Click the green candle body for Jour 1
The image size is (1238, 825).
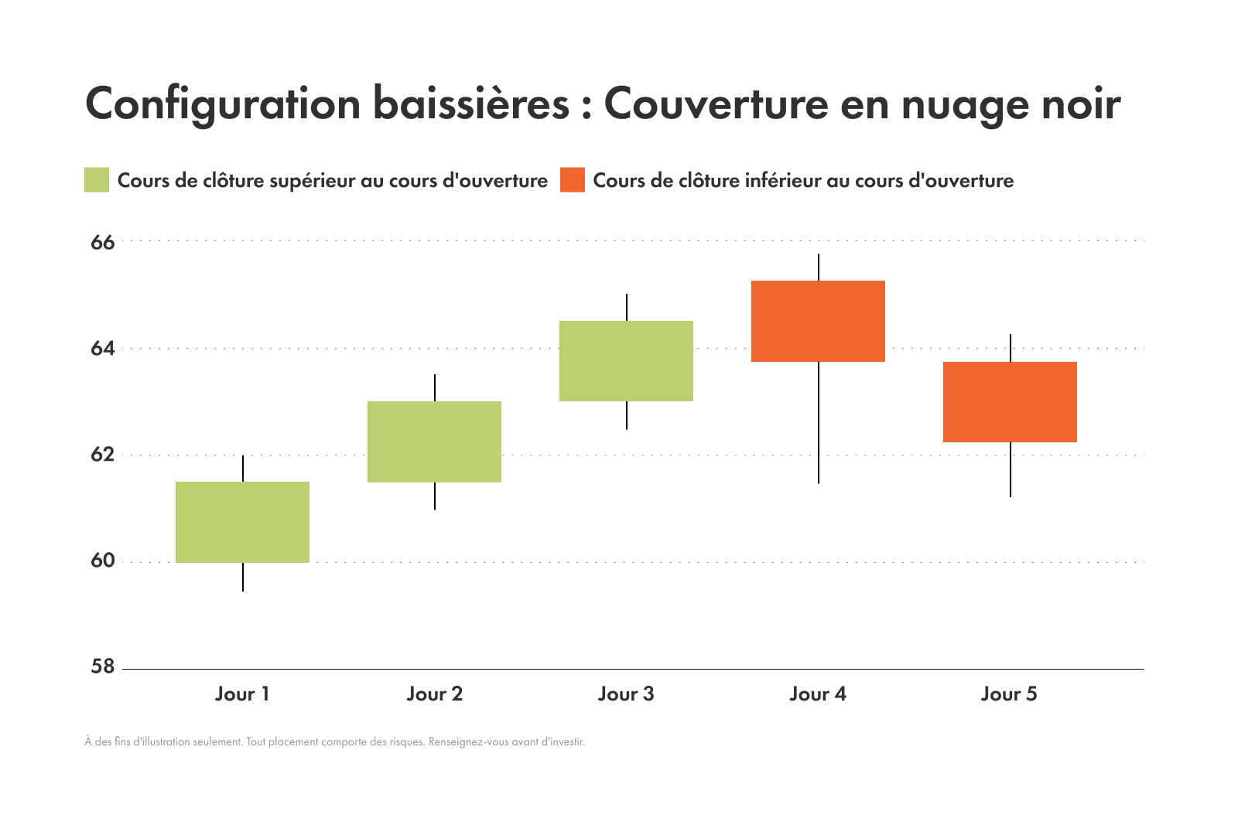pyautogui.click(x=242, y=522)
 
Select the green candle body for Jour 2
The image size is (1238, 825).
pyautogui.click(x=434, y=441)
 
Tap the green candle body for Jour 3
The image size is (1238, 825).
pyautogui.click(x=626, y=360)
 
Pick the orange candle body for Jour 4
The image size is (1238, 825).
pyautogui.click(x=818, y=321)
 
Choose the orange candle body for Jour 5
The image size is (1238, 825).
pyautogui.click(x=1010, y=402)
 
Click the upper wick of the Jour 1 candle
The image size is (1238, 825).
pyautogui.click(x=243, y=469)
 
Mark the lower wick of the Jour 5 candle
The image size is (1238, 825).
pyautogui.click(x=1011, y=469)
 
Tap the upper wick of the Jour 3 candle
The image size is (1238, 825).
pyautogui.click(x=627, y=307)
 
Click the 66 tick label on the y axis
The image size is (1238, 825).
pyautogui.click(x=102, y=243)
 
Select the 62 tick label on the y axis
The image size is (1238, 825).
pyautogui.click(x=102, y=455)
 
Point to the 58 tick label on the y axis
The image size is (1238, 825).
pyautogui.click(x=102, y=666)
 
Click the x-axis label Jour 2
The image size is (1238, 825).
pyautogui.click(x=434, y=694)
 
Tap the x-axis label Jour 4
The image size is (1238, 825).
pyautogui.click(x=818, y=694)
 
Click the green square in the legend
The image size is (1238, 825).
pyautogui.click(x=97, y=179)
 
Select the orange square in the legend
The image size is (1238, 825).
pyautogui.click(x=573, y=179)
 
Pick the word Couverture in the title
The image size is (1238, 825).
pyautogui.click(x=716, y=104)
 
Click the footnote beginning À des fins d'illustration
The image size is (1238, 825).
pyautogui.click(x=334, y=741)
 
